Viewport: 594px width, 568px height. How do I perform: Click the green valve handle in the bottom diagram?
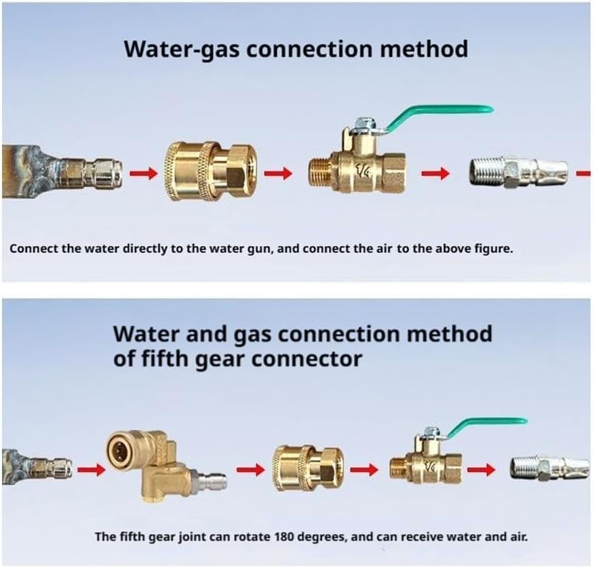(486, 424)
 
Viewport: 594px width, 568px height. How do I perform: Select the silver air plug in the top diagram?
(519, 173)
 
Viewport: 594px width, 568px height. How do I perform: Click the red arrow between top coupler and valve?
(278, 174)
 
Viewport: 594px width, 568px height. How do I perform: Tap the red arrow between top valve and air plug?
(435, 174)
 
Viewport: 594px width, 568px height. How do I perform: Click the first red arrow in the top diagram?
(143, 174)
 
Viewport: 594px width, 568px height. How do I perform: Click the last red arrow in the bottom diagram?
(481, 469)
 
